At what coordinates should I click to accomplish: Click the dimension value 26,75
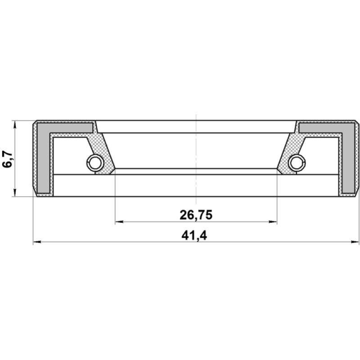[x=196, y=215]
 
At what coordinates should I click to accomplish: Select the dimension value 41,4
[x=194, y=235]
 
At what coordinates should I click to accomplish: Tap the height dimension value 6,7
[x=8, y=159]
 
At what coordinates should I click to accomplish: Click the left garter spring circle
[x=95, y=163]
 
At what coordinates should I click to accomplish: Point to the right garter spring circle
[x=297, y=163]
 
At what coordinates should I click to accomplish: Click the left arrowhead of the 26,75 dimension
[x=119, y=222]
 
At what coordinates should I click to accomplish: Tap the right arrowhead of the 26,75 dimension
[x=273, y=222]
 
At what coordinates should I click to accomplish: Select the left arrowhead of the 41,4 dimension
[x=37, y=242]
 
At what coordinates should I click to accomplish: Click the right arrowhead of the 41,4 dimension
[x=355, y=242]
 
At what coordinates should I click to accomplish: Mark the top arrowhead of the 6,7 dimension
[x=15, y=125]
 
